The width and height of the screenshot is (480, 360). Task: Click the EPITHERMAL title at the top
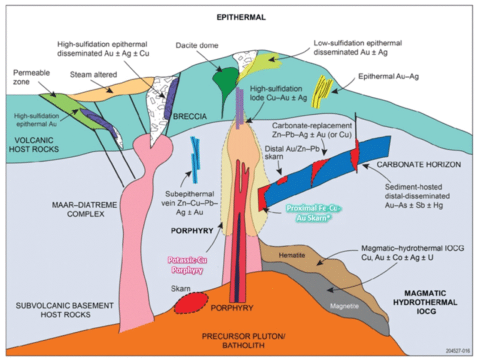pyautogui.click(x=241, y=17)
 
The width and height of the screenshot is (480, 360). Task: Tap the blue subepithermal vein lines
pyautogui.click(x=194, y=154)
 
